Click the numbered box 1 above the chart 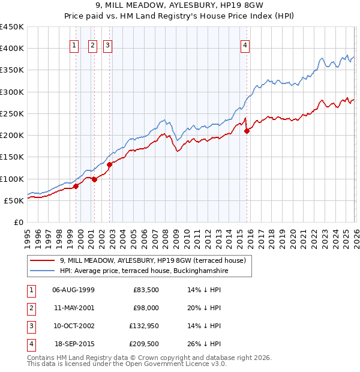[74, 44]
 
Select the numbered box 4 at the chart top [246, 44]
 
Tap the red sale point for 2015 [247, 131]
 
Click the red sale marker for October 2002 [110, 164]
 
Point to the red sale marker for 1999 [76, 186]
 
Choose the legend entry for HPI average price [144, 271]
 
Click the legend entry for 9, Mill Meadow [152, 260]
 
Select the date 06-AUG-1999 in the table [73, 290]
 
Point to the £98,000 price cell [145, 308]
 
